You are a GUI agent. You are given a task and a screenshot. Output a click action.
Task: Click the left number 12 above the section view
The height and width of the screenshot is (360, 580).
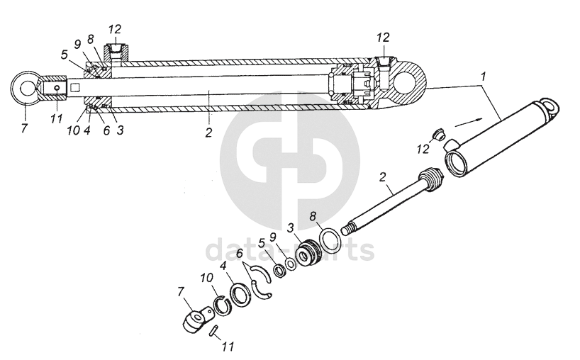click(x=115, y=29)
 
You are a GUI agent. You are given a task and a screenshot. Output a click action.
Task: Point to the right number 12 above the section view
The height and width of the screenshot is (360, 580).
click(x=383, y=37)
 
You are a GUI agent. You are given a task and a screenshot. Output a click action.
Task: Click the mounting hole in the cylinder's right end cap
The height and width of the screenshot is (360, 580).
click(x=409, y=81)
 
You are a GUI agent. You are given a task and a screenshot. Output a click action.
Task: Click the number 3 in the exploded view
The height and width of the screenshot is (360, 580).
click(x=290, y=227)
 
